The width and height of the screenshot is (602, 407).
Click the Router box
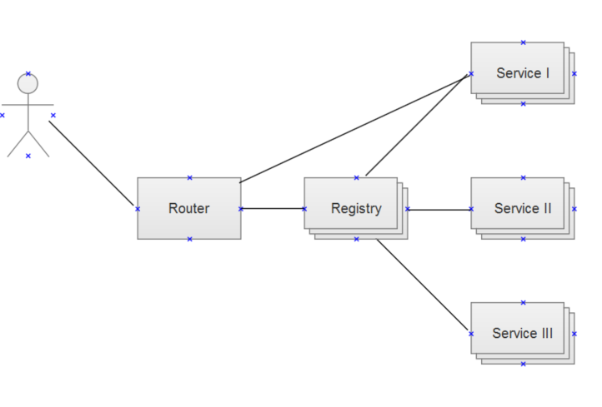189,208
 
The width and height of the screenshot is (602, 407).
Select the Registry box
355,208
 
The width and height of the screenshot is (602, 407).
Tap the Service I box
522,72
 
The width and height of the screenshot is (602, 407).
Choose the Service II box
522,208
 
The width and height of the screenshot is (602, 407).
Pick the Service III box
522,333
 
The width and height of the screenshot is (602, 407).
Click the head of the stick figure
28,83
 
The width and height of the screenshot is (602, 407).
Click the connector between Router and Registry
273,208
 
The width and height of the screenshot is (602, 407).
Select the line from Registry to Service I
417,125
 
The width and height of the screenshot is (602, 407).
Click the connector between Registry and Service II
439,209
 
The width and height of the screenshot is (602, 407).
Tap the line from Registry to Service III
424,286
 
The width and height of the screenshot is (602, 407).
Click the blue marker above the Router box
189,177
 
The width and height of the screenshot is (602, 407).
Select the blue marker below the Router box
189,239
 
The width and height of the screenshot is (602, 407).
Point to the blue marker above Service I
523,42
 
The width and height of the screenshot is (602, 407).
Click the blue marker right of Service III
575,334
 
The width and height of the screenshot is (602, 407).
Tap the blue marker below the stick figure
28,156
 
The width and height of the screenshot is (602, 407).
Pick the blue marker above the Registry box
356,177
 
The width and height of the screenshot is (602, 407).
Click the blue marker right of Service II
575,209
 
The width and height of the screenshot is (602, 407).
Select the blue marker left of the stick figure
3,115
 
